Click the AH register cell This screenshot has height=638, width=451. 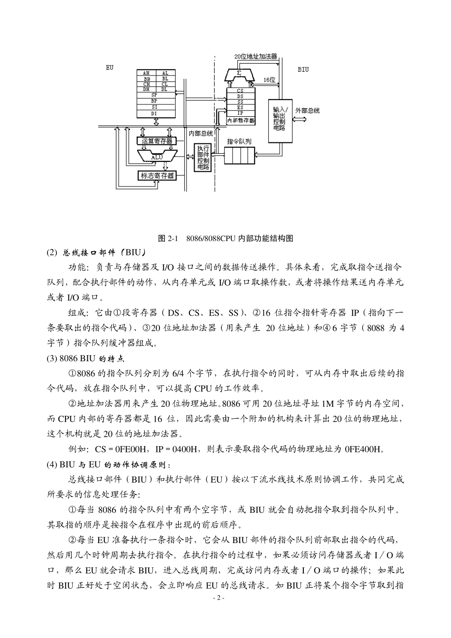point(147,73)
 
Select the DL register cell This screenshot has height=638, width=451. point(164,89)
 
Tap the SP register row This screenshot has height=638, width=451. point(155,95)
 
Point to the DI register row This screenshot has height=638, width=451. point(155,113)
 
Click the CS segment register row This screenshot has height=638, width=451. point(240,90)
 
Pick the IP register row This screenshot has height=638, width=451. point(240,113)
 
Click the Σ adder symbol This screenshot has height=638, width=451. point(240,74)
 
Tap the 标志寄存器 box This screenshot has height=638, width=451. point(157,176)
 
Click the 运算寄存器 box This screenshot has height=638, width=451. point(157,141)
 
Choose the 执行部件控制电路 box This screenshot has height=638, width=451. point(203,157)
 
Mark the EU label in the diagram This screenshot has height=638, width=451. point(110,68)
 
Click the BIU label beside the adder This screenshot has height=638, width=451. point(303,69)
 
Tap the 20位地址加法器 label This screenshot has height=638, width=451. point(255,56)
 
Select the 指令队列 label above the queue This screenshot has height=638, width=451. point(239,141)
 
